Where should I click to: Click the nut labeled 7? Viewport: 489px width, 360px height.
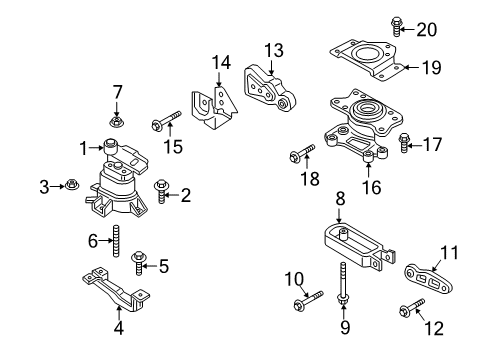point(116,123)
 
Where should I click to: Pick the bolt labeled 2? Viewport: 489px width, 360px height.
point(161,186)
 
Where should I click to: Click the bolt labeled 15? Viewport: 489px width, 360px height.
point(164,124)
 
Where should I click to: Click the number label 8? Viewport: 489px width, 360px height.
point(340,198)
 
